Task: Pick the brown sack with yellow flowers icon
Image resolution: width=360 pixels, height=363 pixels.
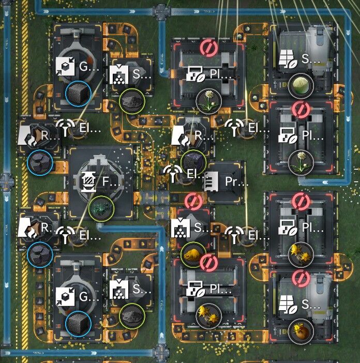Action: click(x=301, y=329)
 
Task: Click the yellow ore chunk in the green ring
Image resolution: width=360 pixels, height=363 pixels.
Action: click(x=193, y=254)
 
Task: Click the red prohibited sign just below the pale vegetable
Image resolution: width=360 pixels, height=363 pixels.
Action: click(x=301, y=109)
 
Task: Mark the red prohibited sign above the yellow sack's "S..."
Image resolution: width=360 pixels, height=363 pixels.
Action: click(x=301, y=278)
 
